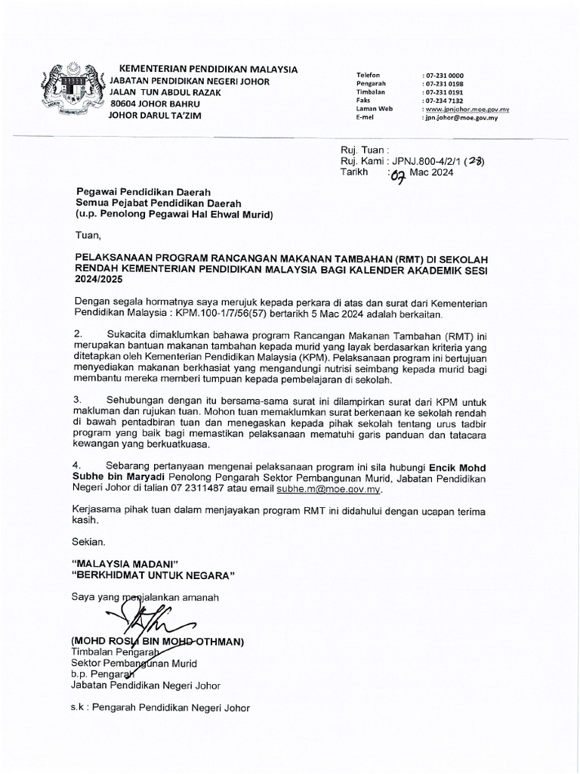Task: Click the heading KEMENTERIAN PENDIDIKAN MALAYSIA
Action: point(204,70)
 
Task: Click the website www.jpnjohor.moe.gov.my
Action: point(467,110)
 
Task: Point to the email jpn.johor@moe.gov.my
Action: point(461,118)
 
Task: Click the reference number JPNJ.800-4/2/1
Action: point(424,160)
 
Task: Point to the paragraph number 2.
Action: point(77,333)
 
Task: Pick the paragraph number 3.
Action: point(77,398)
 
